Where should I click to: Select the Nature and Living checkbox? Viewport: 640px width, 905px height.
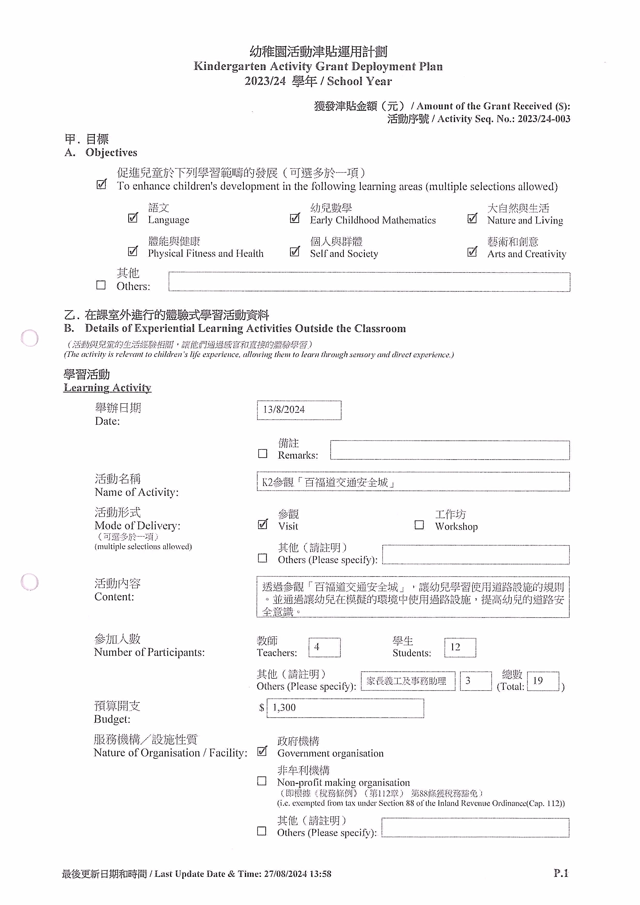pos(472,218)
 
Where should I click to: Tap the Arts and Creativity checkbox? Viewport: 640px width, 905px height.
pos(472,252)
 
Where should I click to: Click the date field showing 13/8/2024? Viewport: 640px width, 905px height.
pos(299,410)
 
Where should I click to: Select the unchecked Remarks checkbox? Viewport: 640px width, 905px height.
pos(262,454)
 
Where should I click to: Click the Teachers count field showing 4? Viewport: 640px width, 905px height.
pos(324,647)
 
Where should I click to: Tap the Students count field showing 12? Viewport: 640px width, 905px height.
pos(460,647)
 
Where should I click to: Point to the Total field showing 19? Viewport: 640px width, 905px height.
pos(543,681)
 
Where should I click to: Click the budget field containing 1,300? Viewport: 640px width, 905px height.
pos(345,708)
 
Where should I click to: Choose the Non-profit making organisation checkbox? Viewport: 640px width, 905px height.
pos(262,781)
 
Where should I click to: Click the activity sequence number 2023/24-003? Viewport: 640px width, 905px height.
pos(544,119)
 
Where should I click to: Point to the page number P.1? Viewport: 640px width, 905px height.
pos(561,873)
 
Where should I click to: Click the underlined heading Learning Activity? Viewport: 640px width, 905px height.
pos(107,388)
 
